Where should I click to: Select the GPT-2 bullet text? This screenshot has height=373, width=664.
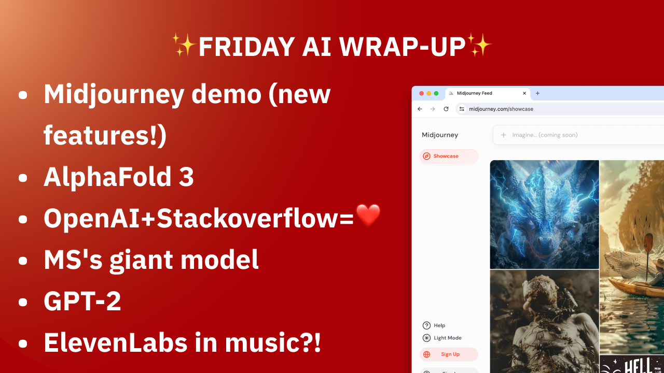[x=82, y=302]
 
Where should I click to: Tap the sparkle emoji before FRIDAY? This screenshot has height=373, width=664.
[x=184, y=46]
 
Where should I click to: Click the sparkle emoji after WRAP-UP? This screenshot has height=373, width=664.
[x=479, y=46]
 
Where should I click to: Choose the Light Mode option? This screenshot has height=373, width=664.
[x=447, y=338]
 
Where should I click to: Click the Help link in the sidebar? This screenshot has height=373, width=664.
[x=439, y=325]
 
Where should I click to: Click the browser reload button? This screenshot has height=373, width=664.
[x=446, y=109]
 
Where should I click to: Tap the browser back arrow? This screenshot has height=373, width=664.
[x=420, y=109]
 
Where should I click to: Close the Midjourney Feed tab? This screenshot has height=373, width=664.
[x=524, y=93]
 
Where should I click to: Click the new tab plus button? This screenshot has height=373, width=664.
[x=537, y=93]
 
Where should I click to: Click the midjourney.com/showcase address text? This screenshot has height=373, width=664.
[x=501, y=109]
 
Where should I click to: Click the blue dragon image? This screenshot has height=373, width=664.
[x=544, y=214]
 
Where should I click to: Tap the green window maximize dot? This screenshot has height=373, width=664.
[x=436, y=93]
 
